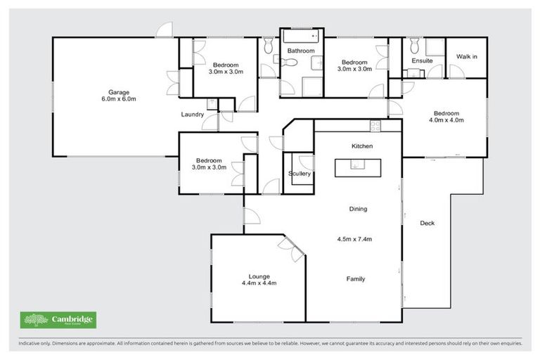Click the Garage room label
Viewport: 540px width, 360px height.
pyautogui.click(x=117, y=91)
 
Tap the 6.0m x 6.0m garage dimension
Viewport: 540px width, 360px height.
pyautogui.click(x=117, y=99)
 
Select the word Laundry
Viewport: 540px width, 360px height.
pyautogui.click(x=192, y=115)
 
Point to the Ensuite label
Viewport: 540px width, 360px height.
pyautogui.click(x=422, y=60)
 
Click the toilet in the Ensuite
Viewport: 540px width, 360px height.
pyautogui.click(x=414, y=46)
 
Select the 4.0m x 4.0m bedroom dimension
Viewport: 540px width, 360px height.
pyautogui.click(x=446, y=120)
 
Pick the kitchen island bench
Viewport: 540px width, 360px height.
pyautogui.click(x=358, y=167)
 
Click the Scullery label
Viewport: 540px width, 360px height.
pyautogui.click(x=300, y=174)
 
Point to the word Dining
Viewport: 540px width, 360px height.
pyautogui.click(x=359, y=209)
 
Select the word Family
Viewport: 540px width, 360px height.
pyautogui.click(x=355, y=279)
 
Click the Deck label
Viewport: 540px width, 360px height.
pyautogui.click(x=427, y=224)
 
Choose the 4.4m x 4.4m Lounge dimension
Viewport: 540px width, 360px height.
pyautogui.click(x=259, y=283)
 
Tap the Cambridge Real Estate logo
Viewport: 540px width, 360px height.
pyautogui.click(x=59, y=320)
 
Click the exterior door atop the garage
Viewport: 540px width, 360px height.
pyautogui.click(x=165, y=30)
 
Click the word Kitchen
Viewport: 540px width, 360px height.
pyautogui.click(x=361, y=146)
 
